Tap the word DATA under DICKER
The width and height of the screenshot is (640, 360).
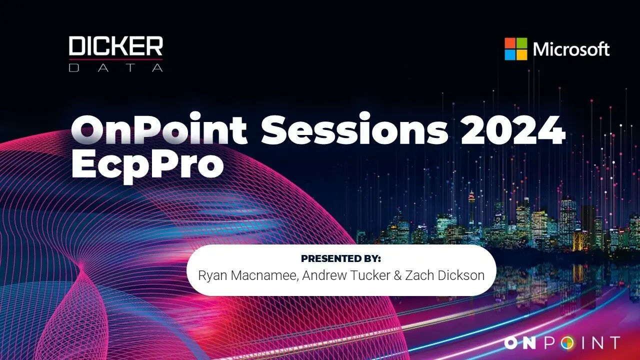point(115,67)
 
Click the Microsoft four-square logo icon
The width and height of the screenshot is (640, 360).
point(515,49)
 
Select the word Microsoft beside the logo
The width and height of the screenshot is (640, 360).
point(571,49)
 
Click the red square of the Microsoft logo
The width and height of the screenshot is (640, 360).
point(510,43)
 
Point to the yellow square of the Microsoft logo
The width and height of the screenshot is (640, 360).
point(521,55)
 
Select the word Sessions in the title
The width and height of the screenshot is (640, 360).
point(354,129)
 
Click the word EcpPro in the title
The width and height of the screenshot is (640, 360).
point(147,165)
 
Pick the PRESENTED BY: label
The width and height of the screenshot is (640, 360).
point(341,258)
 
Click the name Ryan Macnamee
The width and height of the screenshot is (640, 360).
point(248,275)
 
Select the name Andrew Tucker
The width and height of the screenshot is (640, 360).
point(346,275)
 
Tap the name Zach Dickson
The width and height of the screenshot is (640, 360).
point(445,275)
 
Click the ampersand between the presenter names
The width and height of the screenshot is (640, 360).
point(397,275)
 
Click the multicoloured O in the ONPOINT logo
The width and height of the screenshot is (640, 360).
point(567,343)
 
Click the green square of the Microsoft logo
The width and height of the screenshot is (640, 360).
point(521,43)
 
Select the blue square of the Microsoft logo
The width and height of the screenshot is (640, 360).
point(510,55)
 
